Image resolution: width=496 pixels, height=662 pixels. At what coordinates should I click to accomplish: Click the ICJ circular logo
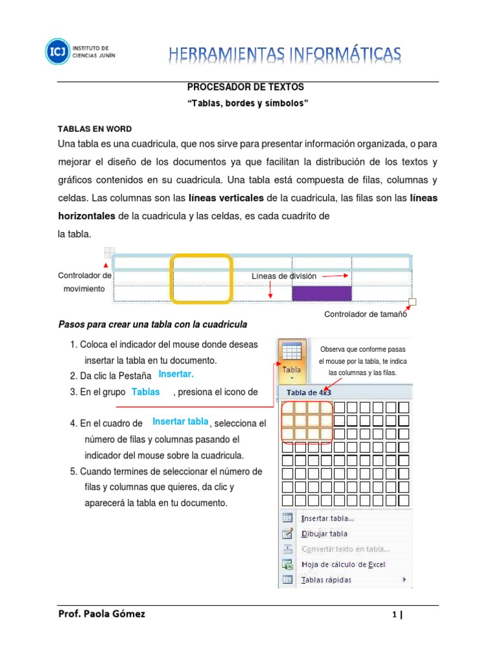pos(57,52)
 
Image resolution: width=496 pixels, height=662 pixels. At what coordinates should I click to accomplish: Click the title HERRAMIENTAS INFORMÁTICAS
pos(285,54)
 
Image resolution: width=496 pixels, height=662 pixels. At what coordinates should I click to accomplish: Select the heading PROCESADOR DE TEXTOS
pos(245,86)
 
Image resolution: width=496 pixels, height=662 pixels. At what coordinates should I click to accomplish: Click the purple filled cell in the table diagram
pos(322,294)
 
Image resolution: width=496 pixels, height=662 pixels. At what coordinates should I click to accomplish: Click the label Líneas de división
pos(284,276)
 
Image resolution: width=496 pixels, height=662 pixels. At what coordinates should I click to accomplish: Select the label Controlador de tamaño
pos(365,315)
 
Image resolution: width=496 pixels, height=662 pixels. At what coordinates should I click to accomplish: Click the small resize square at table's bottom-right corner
pos(413,301)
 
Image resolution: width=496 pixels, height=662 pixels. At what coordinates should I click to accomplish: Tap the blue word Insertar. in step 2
pos(176,374)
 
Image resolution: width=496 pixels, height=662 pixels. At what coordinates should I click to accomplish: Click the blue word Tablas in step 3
pos(145,392)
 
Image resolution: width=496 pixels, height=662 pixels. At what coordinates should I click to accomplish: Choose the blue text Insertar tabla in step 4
pos(180,422)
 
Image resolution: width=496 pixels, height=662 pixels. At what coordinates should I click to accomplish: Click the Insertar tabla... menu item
pos(327,518)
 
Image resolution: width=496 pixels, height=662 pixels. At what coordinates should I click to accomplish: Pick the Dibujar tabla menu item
pos(324,533)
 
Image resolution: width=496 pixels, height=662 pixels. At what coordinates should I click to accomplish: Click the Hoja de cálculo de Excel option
pos(343,564)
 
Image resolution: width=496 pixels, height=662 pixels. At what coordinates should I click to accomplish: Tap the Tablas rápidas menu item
pos(326,580)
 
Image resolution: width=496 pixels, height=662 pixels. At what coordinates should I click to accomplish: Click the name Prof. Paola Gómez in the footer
pos(101,614)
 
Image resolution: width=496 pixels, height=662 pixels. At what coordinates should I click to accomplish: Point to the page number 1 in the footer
pos(394,616)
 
